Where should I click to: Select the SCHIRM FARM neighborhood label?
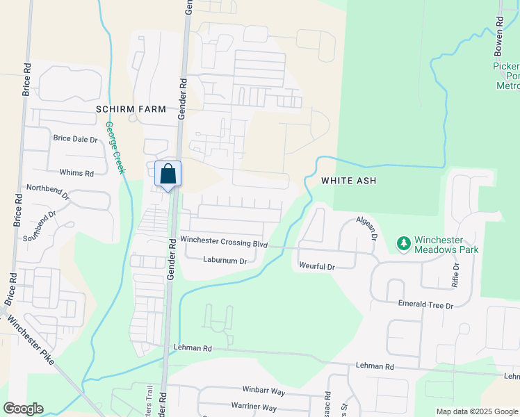[x=131, y=109]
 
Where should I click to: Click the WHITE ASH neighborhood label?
[x=348, y=181]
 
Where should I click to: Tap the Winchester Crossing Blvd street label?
[x=224, y=243]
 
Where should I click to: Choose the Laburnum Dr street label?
[x=225, y=261]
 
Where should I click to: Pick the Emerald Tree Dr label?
[x=425, y=304]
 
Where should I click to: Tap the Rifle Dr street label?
[x=456, y=275]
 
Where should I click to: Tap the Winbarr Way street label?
[x=264, y=391]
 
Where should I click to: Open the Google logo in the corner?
[x=23, y=409]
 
